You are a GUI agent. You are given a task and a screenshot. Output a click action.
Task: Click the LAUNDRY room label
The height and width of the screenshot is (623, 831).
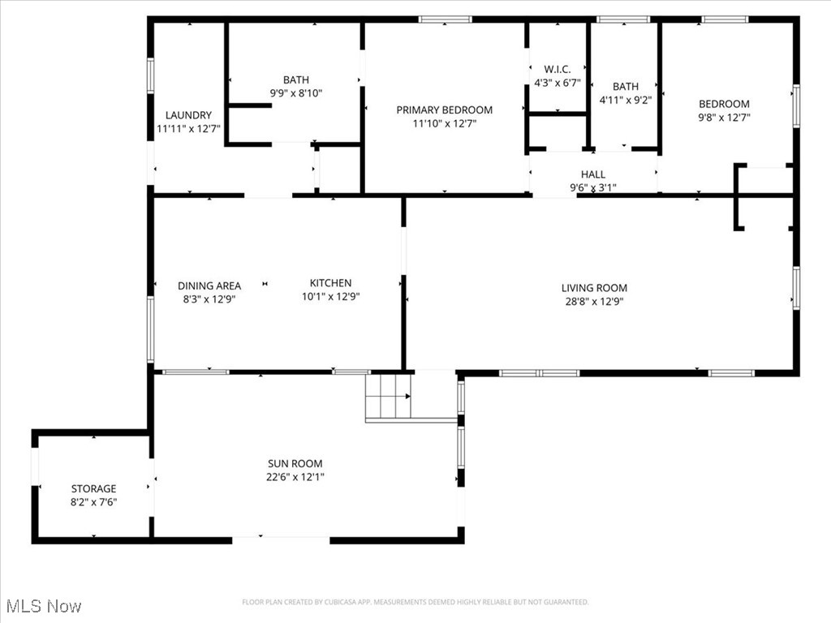[x=188, y=115]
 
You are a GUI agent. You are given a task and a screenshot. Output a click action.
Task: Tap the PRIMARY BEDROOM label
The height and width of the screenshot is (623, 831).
[x=444, y=110]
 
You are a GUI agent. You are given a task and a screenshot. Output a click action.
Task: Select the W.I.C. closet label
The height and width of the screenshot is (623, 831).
[x=558, y=70]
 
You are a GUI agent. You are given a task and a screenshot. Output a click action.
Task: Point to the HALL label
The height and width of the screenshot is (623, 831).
[x=593, y=174]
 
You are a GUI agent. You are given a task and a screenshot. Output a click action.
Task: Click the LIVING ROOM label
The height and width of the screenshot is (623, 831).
[x=594, y=288]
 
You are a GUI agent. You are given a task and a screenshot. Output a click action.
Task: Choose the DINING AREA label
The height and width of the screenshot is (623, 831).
[x=209, y=286]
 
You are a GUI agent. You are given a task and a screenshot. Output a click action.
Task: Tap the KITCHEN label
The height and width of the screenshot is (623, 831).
[x=330, y=283]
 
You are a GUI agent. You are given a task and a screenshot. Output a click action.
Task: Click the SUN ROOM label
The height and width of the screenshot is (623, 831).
[x=295, y=464]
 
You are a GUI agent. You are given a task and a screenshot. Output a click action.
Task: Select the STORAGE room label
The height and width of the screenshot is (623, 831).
[x=93, y=489]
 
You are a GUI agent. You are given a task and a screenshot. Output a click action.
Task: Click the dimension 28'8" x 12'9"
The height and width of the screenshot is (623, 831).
[x=594, y=301]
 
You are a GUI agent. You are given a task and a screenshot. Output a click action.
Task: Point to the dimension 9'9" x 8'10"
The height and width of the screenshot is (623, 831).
[x=296, y=93]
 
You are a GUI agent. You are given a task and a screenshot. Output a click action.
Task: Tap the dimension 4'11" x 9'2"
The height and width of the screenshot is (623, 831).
[x=625, y=101]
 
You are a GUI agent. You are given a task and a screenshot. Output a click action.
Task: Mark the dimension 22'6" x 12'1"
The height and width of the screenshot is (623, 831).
[x=295, y=477]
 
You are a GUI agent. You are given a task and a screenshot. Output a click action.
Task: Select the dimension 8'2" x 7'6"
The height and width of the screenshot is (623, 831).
[x=93, y=502]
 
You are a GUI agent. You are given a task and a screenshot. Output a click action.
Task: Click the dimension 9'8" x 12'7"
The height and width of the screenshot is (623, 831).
[x=724, y=117]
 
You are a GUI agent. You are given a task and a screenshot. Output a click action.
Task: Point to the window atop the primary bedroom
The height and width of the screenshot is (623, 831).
[x=446, y=19]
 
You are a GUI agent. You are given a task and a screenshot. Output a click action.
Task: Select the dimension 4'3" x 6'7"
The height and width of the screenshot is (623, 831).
[x=558, y=83]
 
